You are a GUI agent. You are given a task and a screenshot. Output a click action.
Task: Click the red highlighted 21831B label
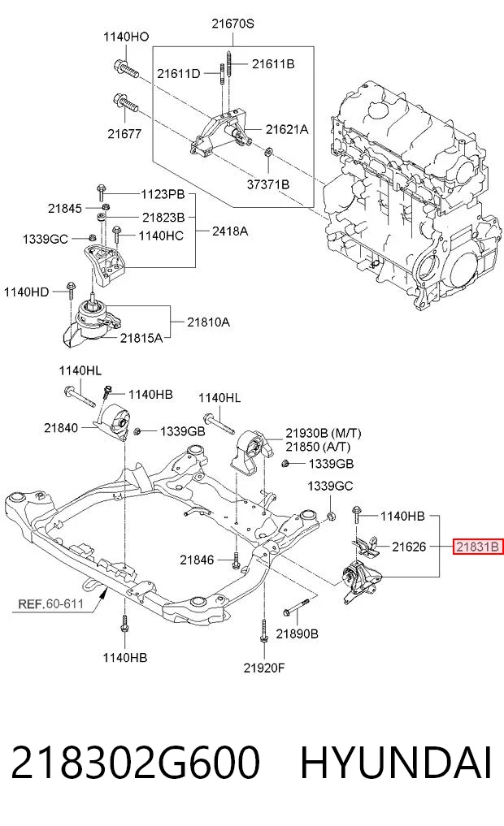click(x=477, y=547)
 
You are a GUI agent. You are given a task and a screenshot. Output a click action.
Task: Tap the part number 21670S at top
click(x=233, y=24)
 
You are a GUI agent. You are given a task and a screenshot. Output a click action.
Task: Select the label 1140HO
click(x=126, y=37)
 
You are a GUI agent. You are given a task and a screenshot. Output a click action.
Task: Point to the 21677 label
click(x=124, y=134)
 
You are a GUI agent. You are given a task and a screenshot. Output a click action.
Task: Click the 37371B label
click(x=268, y=184)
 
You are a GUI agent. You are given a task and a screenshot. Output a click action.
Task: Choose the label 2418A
click(x=230, y=231)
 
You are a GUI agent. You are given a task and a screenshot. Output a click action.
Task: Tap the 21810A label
click(x=208, y=322)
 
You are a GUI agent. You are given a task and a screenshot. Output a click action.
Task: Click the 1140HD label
click(x=26, y=292)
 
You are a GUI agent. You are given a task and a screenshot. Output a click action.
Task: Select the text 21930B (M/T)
click(x=324, y=433)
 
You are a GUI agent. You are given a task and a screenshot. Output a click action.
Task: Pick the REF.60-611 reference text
click(x=51, y=603)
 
